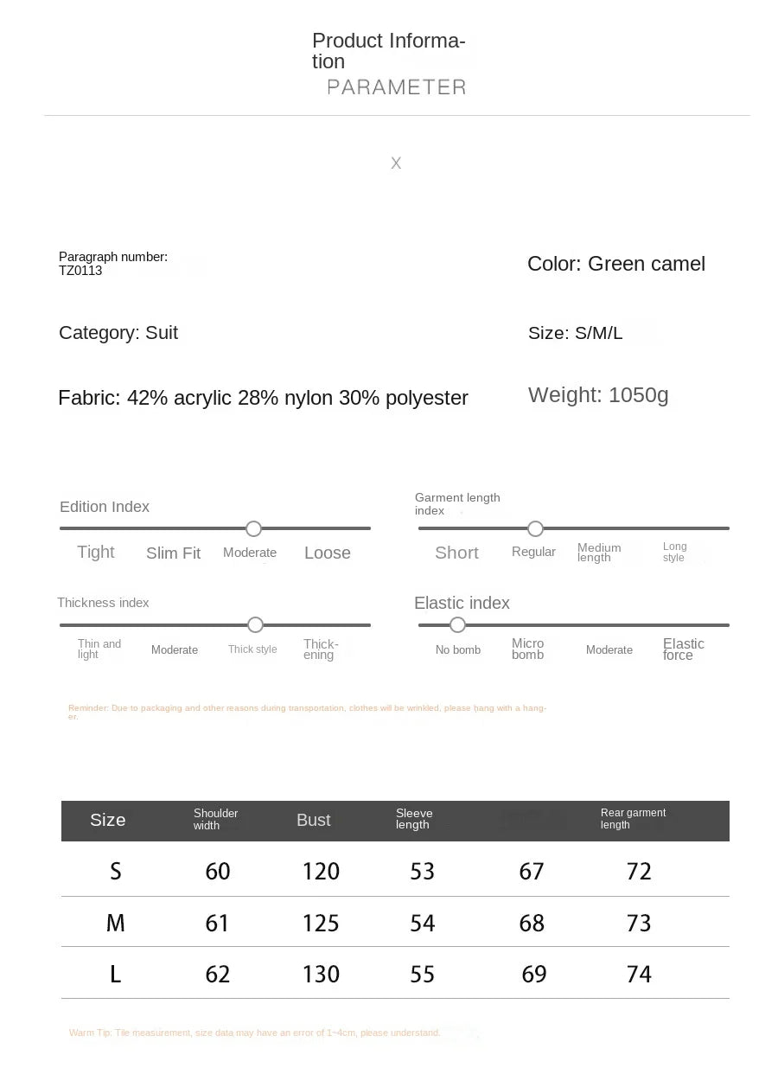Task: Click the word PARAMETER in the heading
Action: [397, 86]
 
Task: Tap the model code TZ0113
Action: [80, 271]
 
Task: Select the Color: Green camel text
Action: [616, 264]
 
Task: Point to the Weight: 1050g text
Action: [598, 395]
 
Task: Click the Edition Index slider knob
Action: [253, 528]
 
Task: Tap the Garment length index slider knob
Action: [535, 528]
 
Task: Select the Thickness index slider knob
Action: [255, 624]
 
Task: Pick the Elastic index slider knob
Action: [457, 624]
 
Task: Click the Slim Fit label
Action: [173, 553]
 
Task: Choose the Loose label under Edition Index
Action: [328, 553]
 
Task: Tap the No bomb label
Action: [458, 650]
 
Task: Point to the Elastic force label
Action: [683, 649]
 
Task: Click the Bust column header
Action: [313, 821]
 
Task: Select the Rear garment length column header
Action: [633, 819]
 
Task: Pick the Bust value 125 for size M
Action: [321, 923]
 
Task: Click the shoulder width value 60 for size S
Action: [218, 871]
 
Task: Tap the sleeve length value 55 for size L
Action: [422, 975]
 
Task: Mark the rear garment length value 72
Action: [639, 871]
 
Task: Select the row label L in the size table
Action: [115, 975]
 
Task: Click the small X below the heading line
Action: [396, 163]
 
